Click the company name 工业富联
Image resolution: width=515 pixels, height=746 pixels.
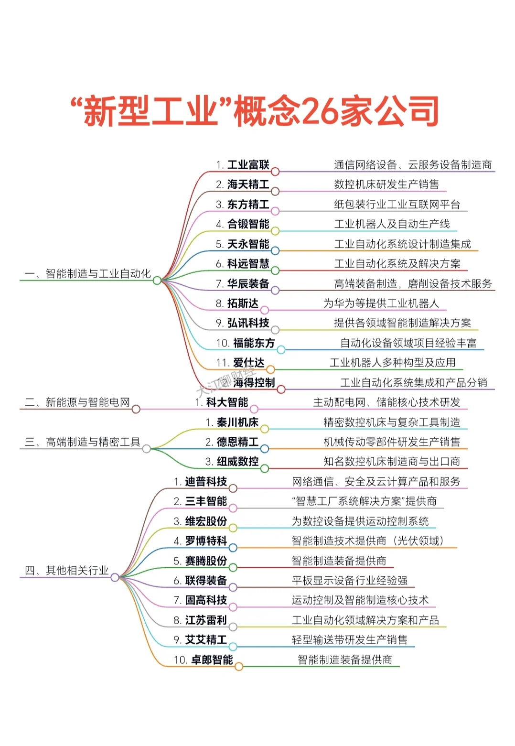248,165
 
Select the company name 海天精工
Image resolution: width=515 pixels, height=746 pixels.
248,185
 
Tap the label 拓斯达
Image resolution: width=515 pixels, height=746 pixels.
243,304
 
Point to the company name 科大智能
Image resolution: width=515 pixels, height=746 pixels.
227,403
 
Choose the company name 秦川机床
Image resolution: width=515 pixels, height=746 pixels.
237,423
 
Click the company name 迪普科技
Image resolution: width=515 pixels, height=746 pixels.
206,482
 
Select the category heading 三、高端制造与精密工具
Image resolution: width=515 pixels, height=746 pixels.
82,443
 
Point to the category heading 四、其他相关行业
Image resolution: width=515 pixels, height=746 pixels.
66,571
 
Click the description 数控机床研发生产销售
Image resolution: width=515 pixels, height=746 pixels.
386,185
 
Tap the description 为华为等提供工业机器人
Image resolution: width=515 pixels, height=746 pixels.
381,304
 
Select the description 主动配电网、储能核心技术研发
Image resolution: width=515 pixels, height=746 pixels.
386,403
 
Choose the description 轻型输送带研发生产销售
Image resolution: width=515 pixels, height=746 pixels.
350,640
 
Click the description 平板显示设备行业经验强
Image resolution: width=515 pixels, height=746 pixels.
350,581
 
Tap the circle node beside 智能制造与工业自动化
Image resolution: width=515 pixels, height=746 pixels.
157,281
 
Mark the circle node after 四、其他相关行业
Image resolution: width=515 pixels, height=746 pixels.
115,577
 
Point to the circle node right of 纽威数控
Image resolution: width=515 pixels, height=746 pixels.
265,469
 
